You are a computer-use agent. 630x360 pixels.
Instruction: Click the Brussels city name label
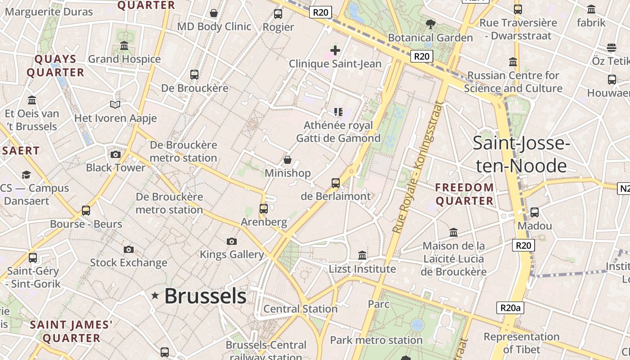(205, 296)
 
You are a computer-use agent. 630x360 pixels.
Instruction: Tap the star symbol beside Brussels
(155, 296)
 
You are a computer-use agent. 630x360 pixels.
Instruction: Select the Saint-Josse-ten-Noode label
(522, 154)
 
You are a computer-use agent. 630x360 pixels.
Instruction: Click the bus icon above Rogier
(278, 14)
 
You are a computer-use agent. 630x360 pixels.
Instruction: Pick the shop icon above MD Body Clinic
(214, 13)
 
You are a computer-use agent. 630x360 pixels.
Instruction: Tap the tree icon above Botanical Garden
(430, 24)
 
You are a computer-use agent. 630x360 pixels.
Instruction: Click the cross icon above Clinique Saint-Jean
(335, 50)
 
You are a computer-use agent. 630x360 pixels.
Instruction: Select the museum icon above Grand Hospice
(124, 46)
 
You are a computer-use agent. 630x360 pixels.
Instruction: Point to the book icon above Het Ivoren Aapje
(115, 105)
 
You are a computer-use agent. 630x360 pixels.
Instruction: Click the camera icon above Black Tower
(116, 155)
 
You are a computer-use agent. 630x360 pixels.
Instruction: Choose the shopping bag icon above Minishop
(288, 160)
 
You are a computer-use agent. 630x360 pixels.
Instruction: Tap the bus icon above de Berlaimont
(336, 183)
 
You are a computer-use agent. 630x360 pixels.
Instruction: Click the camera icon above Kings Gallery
(232, 242)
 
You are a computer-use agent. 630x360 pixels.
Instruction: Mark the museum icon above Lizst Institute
(362, 256)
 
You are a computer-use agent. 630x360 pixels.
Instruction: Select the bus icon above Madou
(535, 212)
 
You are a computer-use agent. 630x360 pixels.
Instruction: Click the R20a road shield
(510, 308)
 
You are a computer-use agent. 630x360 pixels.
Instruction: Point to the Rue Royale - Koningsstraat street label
(417, 167)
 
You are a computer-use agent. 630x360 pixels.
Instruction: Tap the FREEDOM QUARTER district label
(464, 194)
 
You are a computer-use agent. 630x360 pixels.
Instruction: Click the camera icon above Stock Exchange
(129, 249)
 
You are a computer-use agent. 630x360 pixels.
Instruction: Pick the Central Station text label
(300, 309)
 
